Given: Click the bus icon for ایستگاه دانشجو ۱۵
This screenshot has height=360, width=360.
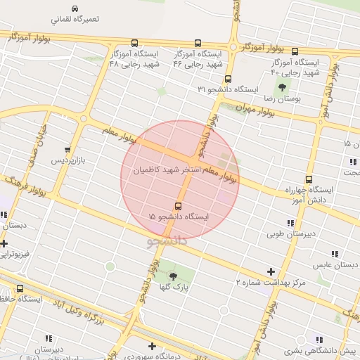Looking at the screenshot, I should point(177,207).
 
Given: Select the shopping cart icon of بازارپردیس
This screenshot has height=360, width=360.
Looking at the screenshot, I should point(67,150).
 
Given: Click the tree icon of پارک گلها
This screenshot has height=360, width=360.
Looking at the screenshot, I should point(174,276).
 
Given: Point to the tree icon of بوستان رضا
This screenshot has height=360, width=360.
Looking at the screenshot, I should point(282,88).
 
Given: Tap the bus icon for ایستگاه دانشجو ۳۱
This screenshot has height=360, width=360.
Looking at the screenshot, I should point(228,79).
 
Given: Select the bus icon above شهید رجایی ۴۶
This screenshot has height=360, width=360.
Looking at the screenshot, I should point(197,43).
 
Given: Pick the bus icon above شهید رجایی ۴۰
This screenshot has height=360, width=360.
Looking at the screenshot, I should point(295,51).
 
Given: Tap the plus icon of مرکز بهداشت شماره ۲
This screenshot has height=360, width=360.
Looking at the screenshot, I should point(271,271).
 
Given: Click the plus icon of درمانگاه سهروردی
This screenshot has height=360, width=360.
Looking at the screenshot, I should point(152,345).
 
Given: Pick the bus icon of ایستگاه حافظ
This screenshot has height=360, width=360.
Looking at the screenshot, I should point(19,288).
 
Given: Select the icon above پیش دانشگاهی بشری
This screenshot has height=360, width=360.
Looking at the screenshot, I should point(320,339).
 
